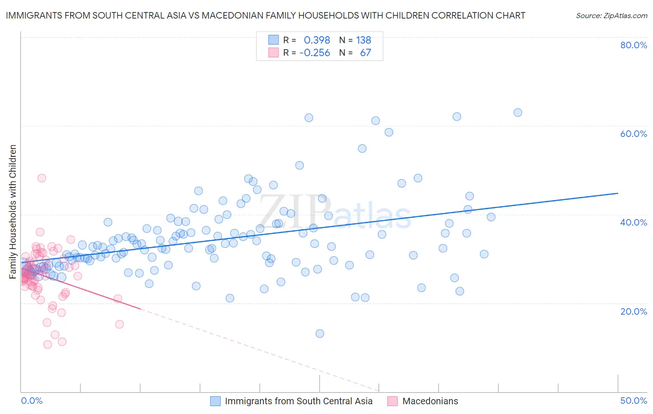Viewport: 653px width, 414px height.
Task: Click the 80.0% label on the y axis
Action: (633, 45)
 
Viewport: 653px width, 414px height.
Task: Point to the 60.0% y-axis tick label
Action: (633, 134)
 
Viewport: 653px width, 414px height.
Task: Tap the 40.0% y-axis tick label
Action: (633, 222)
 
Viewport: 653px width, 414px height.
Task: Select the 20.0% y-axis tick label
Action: (633, 311)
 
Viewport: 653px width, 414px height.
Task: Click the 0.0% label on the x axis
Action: (32, 401)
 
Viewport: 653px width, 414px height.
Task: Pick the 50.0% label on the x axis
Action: (633, 401)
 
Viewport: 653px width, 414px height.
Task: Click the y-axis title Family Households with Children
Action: (13, 212)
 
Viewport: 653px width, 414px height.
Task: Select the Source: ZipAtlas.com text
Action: (611, 16)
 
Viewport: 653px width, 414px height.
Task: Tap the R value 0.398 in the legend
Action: (317, 40)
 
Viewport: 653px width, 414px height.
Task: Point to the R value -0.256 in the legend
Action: (314, 53)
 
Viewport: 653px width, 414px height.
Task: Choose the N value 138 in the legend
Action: (364, 40)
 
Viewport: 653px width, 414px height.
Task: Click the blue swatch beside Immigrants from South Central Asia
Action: (215, 401)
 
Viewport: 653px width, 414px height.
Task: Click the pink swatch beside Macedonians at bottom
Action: (392, 401)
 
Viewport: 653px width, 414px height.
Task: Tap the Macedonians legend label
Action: (430, 401)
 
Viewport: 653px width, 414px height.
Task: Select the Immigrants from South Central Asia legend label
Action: (299, 401)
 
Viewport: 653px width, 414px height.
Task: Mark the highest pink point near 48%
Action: (41, 178)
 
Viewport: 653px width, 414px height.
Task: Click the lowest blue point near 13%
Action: (320, 333)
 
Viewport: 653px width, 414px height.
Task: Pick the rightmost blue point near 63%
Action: (517, 112)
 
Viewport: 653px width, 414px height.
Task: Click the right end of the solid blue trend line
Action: (618, 193)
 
